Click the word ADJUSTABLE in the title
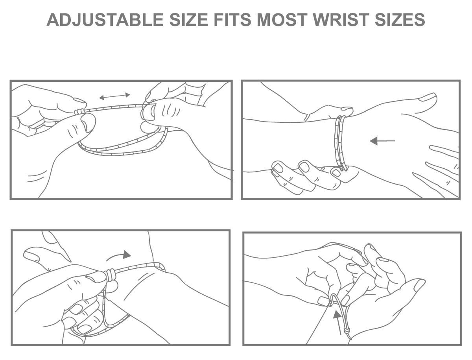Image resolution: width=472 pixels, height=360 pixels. (x=105, y=20)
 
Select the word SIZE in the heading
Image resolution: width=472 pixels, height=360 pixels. (x=189, y=20)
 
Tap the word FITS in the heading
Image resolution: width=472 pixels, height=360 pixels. (x=232, y=20)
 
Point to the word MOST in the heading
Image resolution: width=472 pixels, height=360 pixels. (x=282, y=20)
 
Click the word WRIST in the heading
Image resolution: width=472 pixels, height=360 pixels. (x=341, y=20)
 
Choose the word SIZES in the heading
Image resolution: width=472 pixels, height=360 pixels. (x=400, y=20)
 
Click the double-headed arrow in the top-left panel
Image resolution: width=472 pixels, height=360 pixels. (x=114, y=96)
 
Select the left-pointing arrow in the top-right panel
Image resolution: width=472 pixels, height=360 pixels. (x=382, y=141)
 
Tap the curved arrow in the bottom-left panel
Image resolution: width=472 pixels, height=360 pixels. (x=118, y=255)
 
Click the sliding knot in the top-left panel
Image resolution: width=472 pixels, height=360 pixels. (x=78, y=111)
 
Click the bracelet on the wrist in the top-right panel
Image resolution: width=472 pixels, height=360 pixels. (x=340, y=143)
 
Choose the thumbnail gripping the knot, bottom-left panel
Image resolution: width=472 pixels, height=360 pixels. (x=95, y=277)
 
